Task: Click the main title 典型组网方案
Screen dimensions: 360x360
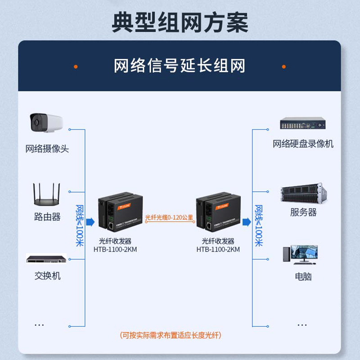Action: (x=180, y=21)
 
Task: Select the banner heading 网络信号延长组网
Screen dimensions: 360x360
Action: (x=180, y=66)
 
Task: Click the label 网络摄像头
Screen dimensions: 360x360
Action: (x=47, y=149)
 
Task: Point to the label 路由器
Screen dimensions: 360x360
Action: (x=47, y=217)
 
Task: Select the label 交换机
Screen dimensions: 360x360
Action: (x=47, y=275)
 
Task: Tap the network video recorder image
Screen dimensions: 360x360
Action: (x=303, y=124)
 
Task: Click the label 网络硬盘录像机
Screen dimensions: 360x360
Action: (x=303, y=144)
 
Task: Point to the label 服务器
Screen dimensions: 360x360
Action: (x=303, y=212)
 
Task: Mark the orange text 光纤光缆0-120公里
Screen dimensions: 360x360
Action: (x=169, y=217)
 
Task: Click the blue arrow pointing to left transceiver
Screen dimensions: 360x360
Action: (x=90, y=221)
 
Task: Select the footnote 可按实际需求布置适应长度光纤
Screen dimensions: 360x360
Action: (x=171, y=335)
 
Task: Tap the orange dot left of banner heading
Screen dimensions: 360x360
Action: (x=76, y=67)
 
